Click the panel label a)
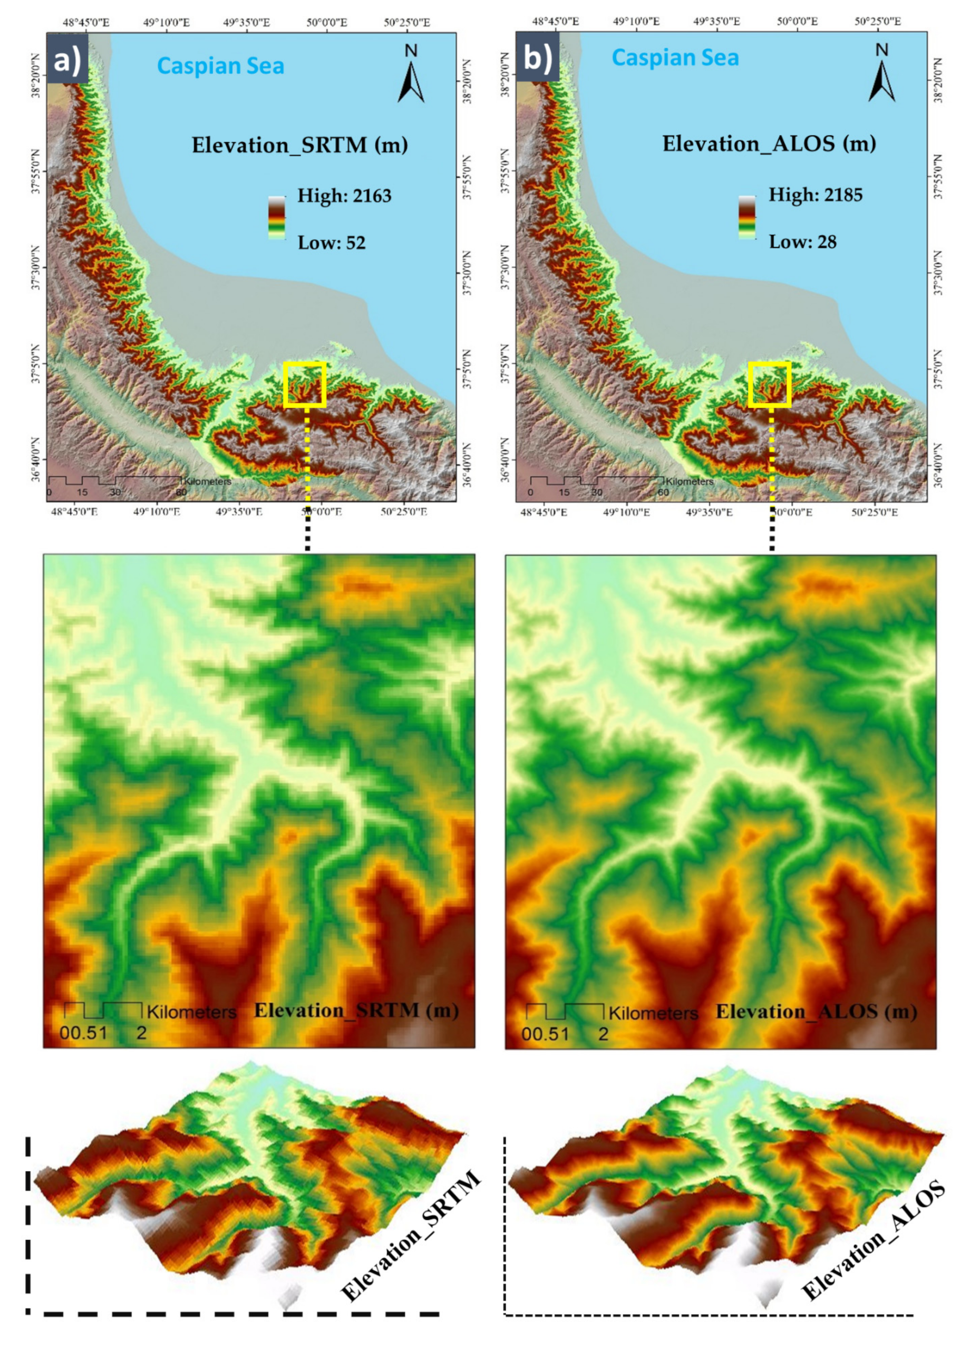[67, 59]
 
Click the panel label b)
[537, 59]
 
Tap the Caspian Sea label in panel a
[221, 66]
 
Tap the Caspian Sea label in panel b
[675, 57]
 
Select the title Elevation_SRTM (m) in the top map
[299, 145]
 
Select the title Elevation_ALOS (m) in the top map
[769, 143]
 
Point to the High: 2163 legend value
[344, 196]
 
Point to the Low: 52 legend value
[331, 242]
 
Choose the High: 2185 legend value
[815, 195]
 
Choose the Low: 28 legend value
[802, 242]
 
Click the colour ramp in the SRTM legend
[276, 218]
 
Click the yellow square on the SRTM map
[305, 384]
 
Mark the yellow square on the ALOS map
[770, 384]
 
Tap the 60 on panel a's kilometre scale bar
[181, 492]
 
